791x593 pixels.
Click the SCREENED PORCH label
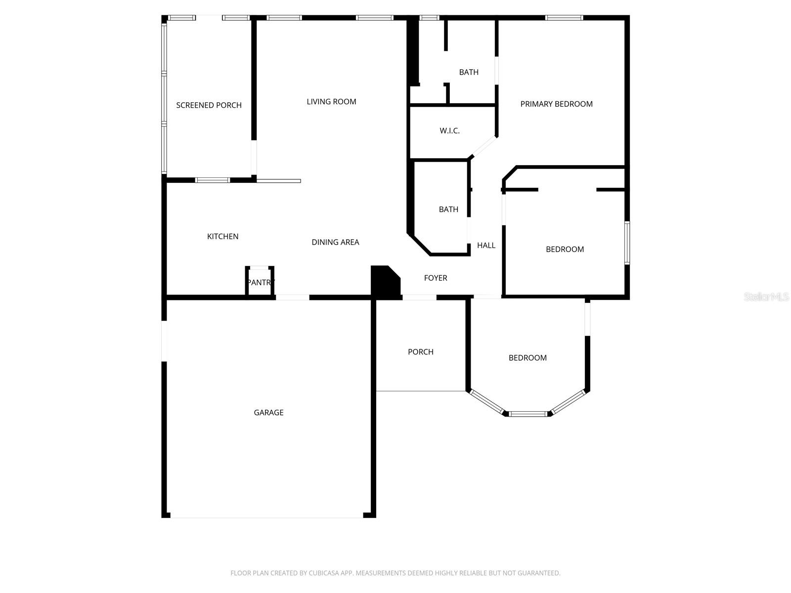[209, 105]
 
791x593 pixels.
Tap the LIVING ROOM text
[331, 102]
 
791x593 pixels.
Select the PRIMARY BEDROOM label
[556, 104]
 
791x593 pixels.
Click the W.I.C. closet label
[449, 131]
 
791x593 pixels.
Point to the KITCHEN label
[222, 237]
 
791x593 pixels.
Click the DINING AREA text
[335, 242]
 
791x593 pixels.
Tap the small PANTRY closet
[260, 283]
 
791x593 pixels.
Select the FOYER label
[436, 278]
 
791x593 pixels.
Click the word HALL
[486, 246]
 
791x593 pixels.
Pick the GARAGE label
[268, 413]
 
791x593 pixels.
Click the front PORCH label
[420, 352]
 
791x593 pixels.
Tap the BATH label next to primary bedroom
[469, 72]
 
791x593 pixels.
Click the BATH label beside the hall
[448, 210]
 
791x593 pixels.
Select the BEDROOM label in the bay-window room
[527, 358]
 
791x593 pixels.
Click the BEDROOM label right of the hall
[565, 250]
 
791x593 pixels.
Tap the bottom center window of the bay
[528, 414]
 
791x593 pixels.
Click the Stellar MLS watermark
[766, 297]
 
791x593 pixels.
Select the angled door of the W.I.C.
[483, 146]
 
